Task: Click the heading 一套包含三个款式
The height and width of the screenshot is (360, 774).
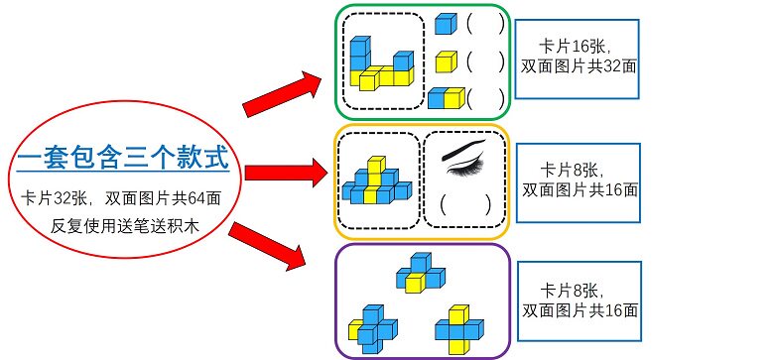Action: [122, 157]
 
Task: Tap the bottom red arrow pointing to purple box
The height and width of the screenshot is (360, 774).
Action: [267, 247]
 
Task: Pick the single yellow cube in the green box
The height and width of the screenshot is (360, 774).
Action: [446, 61]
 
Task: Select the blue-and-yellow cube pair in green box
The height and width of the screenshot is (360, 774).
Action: [447, 97]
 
